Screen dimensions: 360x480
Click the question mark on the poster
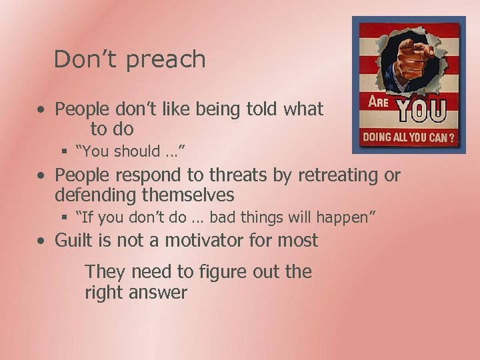(x=451, y=139)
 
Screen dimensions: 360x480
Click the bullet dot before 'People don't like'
(x=41, y=109)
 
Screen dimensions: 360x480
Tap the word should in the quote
(x=137, y=152)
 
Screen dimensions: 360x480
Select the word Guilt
(x=77, y=240)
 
